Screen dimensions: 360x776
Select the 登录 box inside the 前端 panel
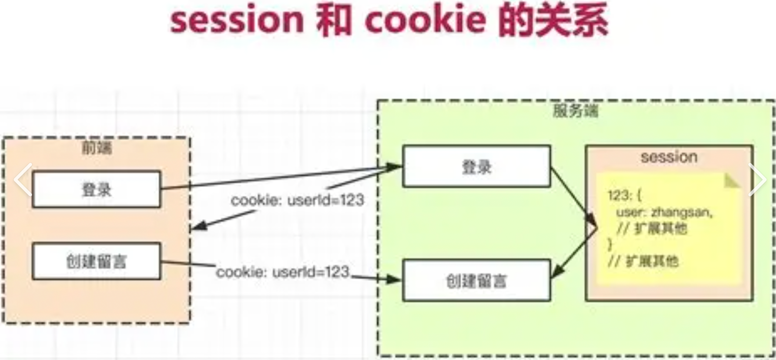[97, 189]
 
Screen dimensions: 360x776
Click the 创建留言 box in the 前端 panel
[97, 261]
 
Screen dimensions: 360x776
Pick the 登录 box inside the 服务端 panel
[477, 167]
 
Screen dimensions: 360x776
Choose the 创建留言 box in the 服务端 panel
[477, 281]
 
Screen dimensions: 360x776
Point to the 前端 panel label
[97, 148]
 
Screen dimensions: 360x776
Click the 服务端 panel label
[575, 111]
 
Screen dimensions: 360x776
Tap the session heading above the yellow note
[669, 157]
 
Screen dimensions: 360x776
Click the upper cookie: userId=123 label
[298, 200]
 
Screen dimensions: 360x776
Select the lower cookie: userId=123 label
[283, 272]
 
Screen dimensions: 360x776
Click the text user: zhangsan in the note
[664, 212]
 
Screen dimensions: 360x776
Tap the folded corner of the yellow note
[732, 181]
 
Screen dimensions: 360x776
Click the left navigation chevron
[23, 179]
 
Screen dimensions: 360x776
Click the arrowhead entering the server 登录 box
[395, 166]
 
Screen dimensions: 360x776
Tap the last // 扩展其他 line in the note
[643, 262]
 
